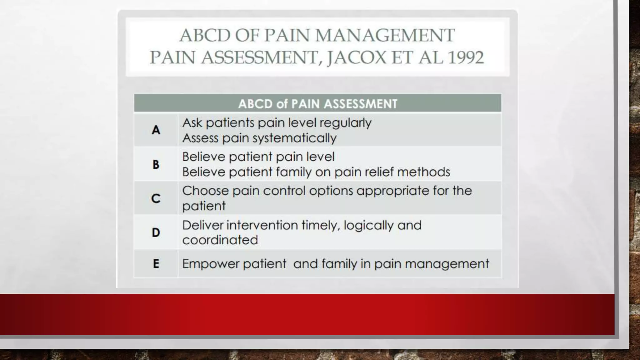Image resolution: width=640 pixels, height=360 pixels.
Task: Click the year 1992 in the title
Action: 466,57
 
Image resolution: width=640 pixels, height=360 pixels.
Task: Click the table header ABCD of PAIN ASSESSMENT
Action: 317,104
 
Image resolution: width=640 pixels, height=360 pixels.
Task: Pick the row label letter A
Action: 156,130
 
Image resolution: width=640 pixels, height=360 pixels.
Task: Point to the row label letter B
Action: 156,164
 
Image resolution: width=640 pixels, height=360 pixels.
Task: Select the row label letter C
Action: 156,198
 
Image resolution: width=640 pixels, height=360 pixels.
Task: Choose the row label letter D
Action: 156,232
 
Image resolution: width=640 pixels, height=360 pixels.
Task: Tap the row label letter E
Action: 156,264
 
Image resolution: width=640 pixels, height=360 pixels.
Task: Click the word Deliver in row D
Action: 202,225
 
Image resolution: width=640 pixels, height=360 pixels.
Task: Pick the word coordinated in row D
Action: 220,240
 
